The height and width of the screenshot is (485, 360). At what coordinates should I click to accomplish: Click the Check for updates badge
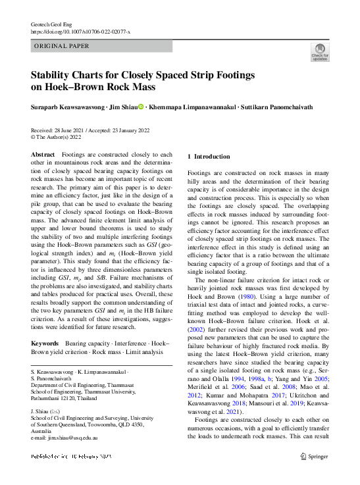coord(320,51)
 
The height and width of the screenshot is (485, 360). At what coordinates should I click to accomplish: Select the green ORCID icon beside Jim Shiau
coord(141,107)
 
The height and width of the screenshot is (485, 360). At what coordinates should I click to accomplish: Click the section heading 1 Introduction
coord(209,157)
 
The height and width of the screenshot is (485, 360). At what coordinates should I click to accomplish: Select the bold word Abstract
coord(43,154)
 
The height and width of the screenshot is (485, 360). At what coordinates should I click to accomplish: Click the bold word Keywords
coord(45,344)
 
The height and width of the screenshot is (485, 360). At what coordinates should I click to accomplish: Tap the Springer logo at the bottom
coord(313,457)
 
